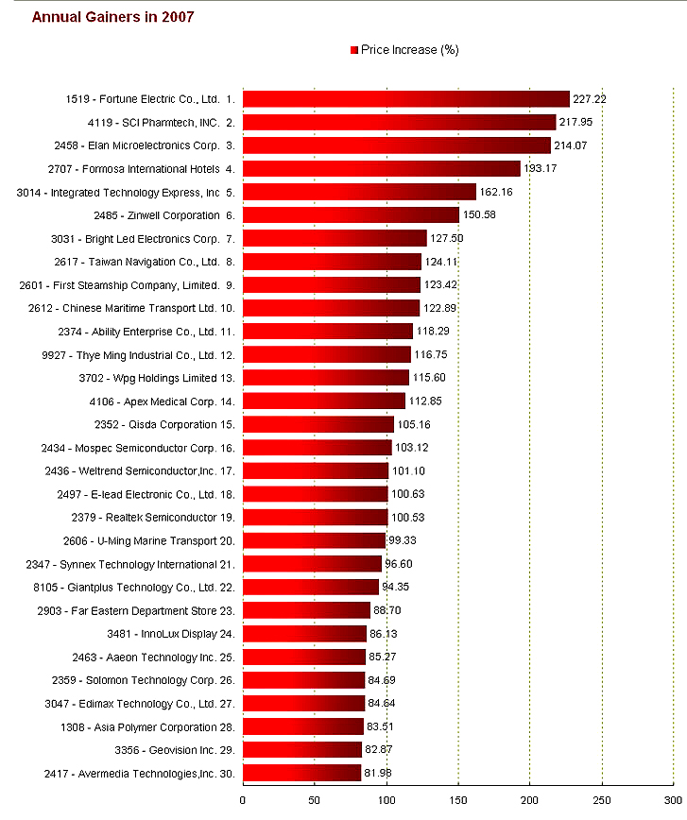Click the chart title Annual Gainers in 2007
pos(112,17)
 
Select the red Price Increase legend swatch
pos(354,50)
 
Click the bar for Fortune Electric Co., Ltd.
pos(406,99)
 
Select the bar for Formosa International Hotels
pos(382,169)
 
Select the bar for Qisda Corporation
pos(318,424)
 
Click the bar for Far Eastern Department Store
pos(306,610)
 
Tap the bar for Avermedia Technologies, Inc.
pos(302,774)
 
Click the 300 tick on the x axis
pos(672,800)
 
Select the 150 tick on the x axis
pos(458,800)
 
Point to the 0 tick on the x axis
pos(243,800)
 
